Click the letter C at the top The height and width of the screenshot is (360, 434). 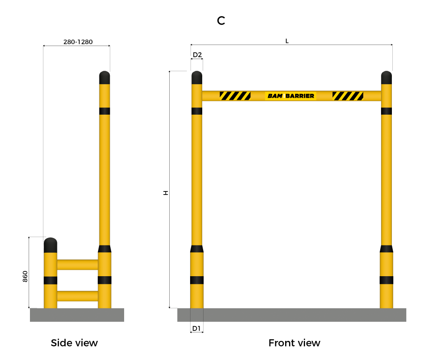coord(221,20)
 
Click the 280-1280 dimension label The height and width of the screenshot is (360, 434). coord(78,42)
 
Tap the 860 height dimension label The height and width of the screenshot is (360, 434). coord(25,276)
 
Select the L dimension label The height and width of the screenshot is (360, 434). coord(287,41)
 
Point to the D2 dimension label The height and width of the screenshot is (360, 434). coord(197,55)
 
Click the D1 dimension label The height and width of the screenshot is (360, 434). coord(196,328)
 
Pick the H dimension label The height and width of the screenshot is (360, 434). coord(166,193)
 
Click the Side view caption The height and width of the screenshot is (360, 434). coord(74,343)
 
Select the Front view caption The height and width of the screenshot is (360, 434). coord(294,343)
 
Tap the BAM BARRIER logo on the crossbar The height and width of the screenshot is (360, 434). coord(291,96)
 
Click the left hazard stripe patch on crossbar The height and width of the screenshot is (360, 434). coord(235,96)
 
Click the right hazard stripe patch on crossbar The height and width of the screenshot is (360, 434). coord(348,96)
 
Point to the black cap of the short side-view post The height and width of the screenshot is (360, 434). coord(50,245)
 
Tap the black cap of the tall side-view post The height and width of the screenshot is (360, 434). coord(105,78)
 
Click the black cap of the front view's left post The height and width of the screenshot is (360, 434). coord(197,78)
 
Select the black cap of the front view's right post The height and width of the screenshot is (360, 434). coord(386,78)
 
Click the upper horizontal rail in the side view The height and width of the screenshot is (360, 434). coord(78,264)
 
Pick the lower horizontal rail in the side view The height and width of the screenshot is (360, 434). coord(78,296)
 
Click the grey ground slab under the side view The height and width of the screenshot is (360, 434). coord(77,315)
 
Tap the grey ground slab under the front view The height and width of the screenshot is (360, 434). coord(292,315)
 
